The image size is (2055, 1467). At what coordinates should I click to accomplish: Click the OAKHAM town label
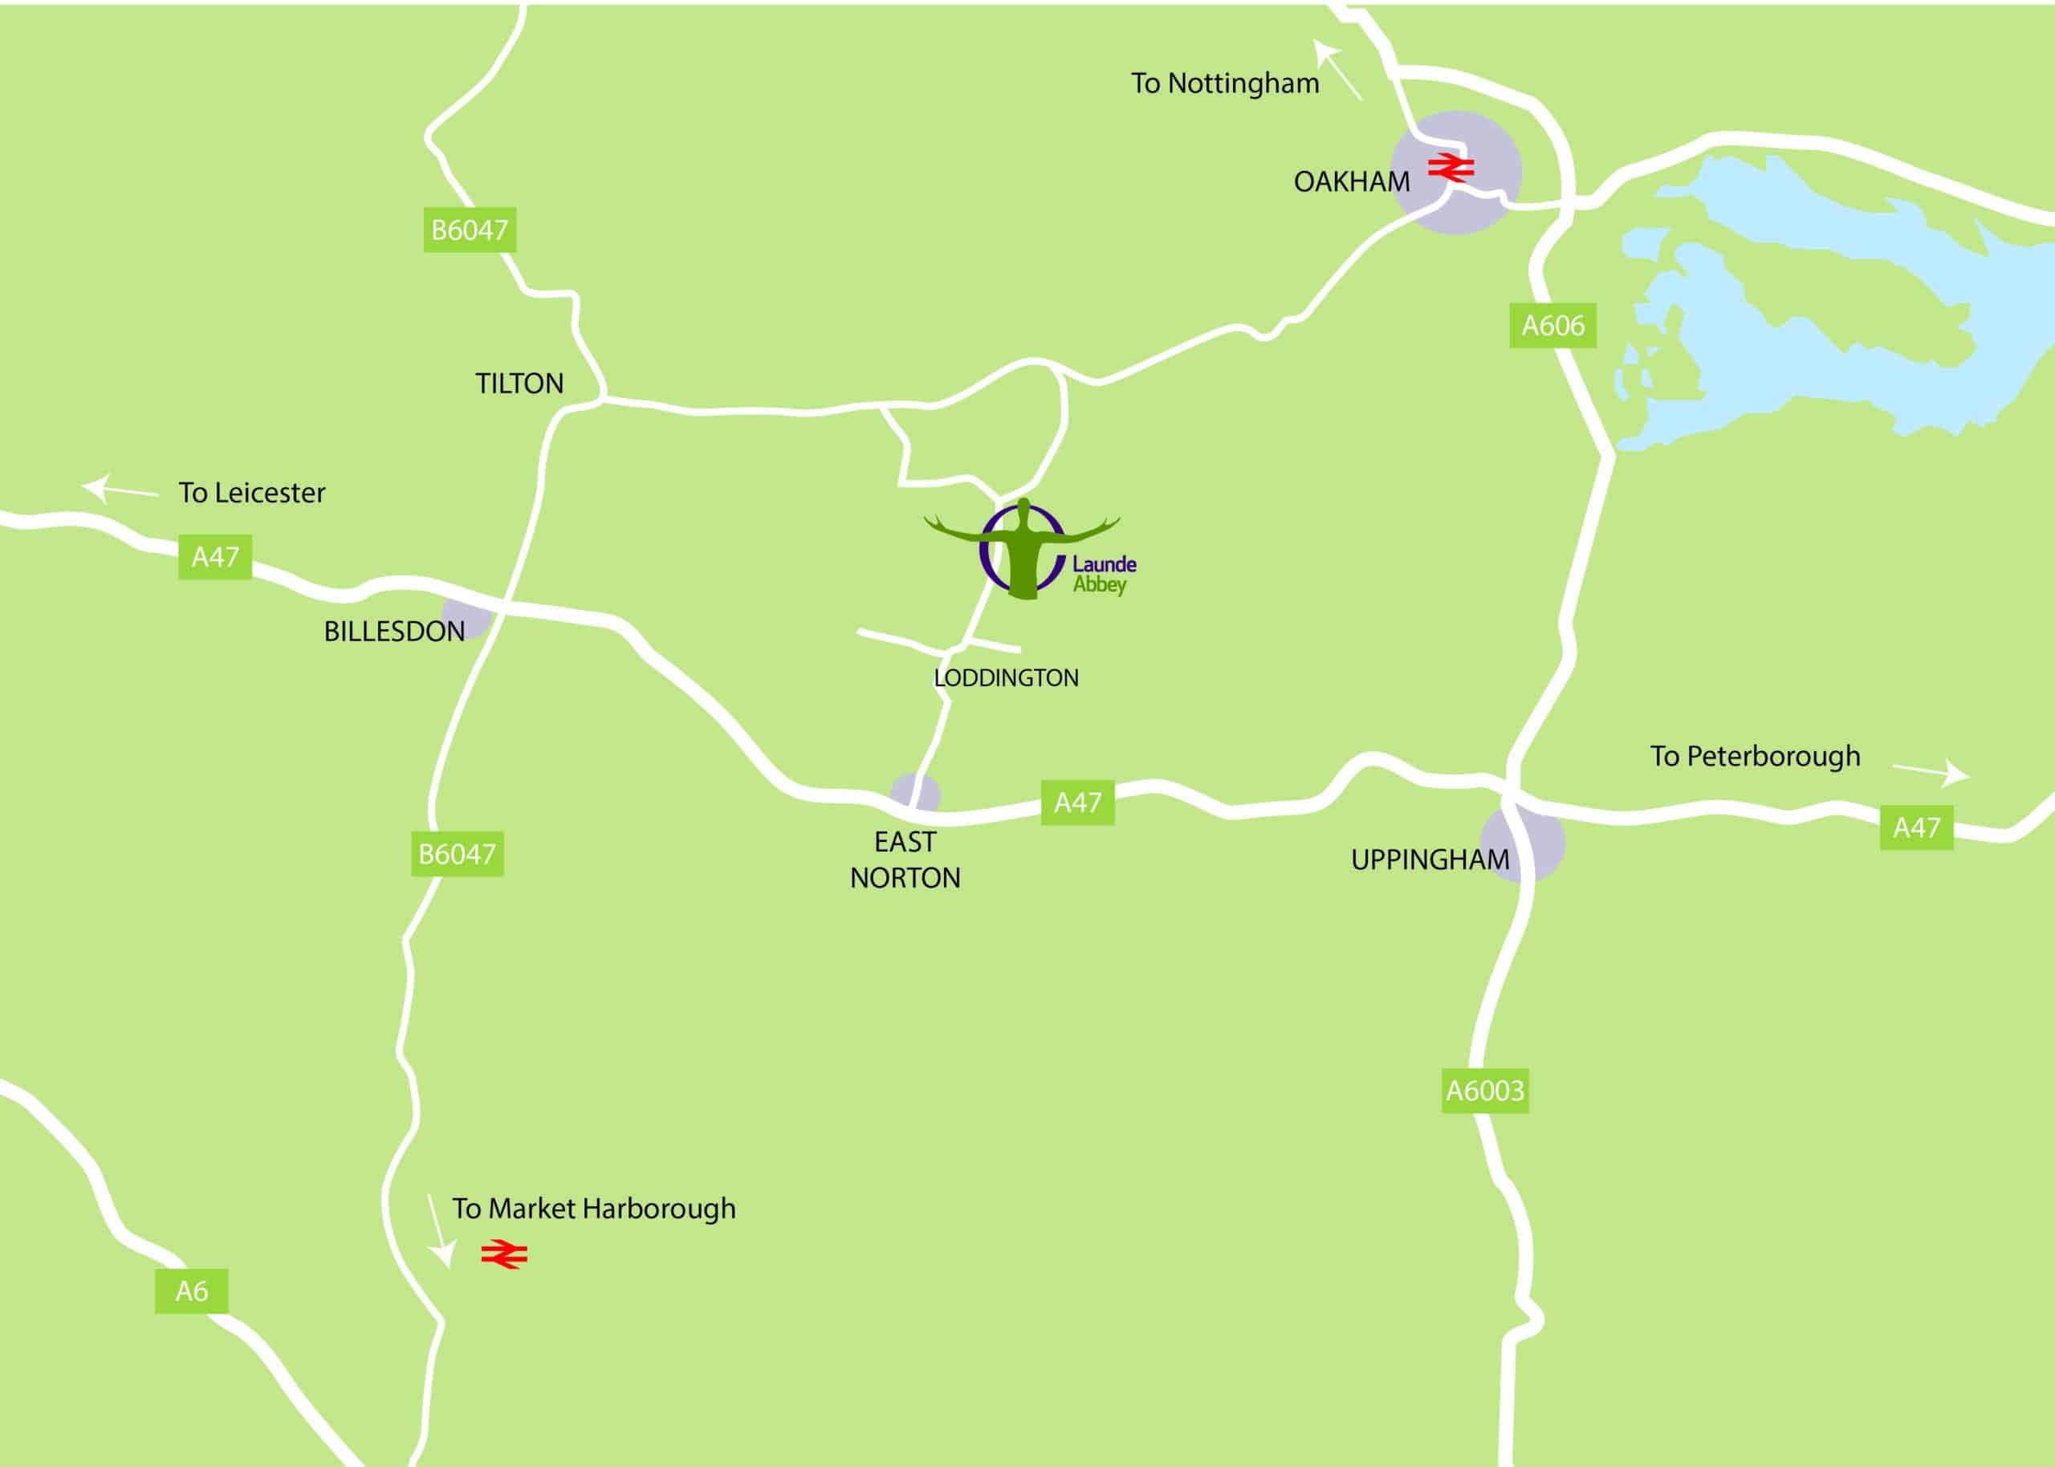1351,181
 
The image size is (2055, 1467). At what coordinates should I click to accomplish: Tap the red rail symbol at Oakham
1451,167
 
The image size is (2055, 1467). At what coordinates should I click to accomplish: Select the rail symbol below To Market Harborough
504,1254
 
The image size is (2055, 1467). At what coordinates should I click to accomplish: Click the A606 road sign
1552,325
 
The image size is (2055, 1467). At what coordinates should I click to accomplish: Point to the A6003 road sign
1485,1091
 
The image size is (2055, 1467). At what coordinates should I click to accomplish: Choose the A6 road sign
192,1291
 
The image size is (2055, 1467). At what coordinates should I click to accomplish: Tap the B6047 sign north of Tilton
470,230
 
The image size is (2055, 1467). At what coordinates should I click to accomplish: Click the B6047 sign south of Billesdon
456,854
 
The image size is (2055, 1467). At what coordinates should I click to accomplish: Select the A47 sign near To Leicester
215,556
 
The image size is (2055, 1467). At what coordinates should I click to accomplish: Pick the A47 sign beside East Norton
1077,803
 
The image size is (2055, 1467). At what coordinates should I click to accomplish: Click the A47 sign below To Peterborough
1916,827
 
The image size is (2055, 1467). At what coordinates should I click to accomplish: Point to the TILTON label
519,384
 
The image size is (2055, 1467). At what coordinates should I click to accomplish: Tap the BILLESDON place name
395,632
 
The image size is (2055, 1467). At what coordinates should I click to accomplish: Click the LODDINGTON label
1007,678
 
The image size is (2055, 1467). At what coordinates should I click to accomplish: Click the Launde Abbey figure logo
1023,549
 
